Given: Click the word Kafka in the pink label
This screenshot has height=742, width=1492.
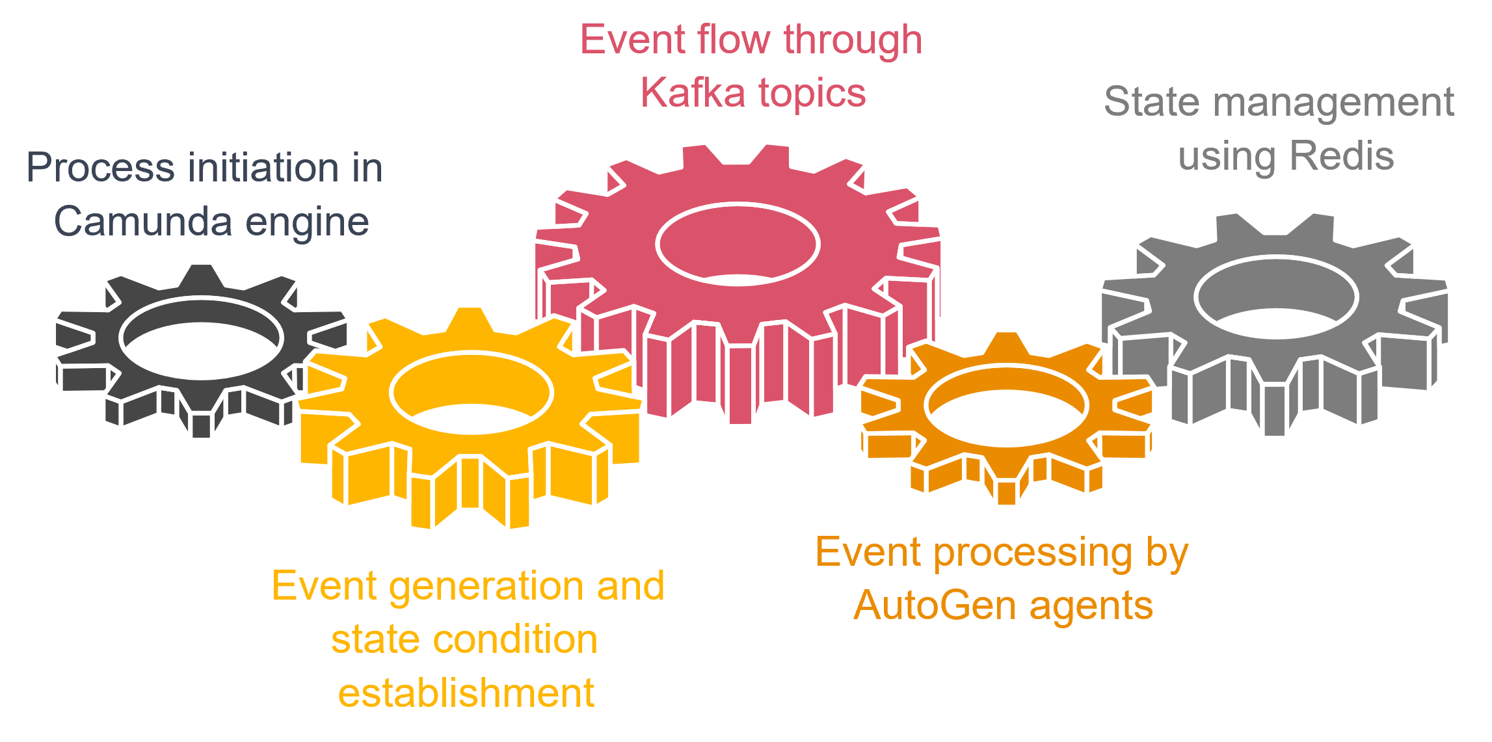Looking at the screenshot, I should click(x=692, y=92).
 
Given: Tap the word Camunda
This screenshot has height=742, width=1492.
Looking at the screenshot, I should click(x=143, y=221).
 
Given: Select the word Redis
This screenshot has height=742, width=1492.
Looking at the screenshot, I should click(x=1341, y=156).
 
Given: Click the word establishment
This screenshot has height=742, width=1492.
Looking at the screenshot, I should click(x=466, y=693).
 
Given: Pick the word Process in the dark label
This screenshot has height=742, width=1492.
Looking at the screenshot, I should click(x=101, y=168).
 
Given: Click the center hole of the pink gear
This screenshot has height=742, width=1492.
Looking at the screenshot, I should click(x=738, y=244).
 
